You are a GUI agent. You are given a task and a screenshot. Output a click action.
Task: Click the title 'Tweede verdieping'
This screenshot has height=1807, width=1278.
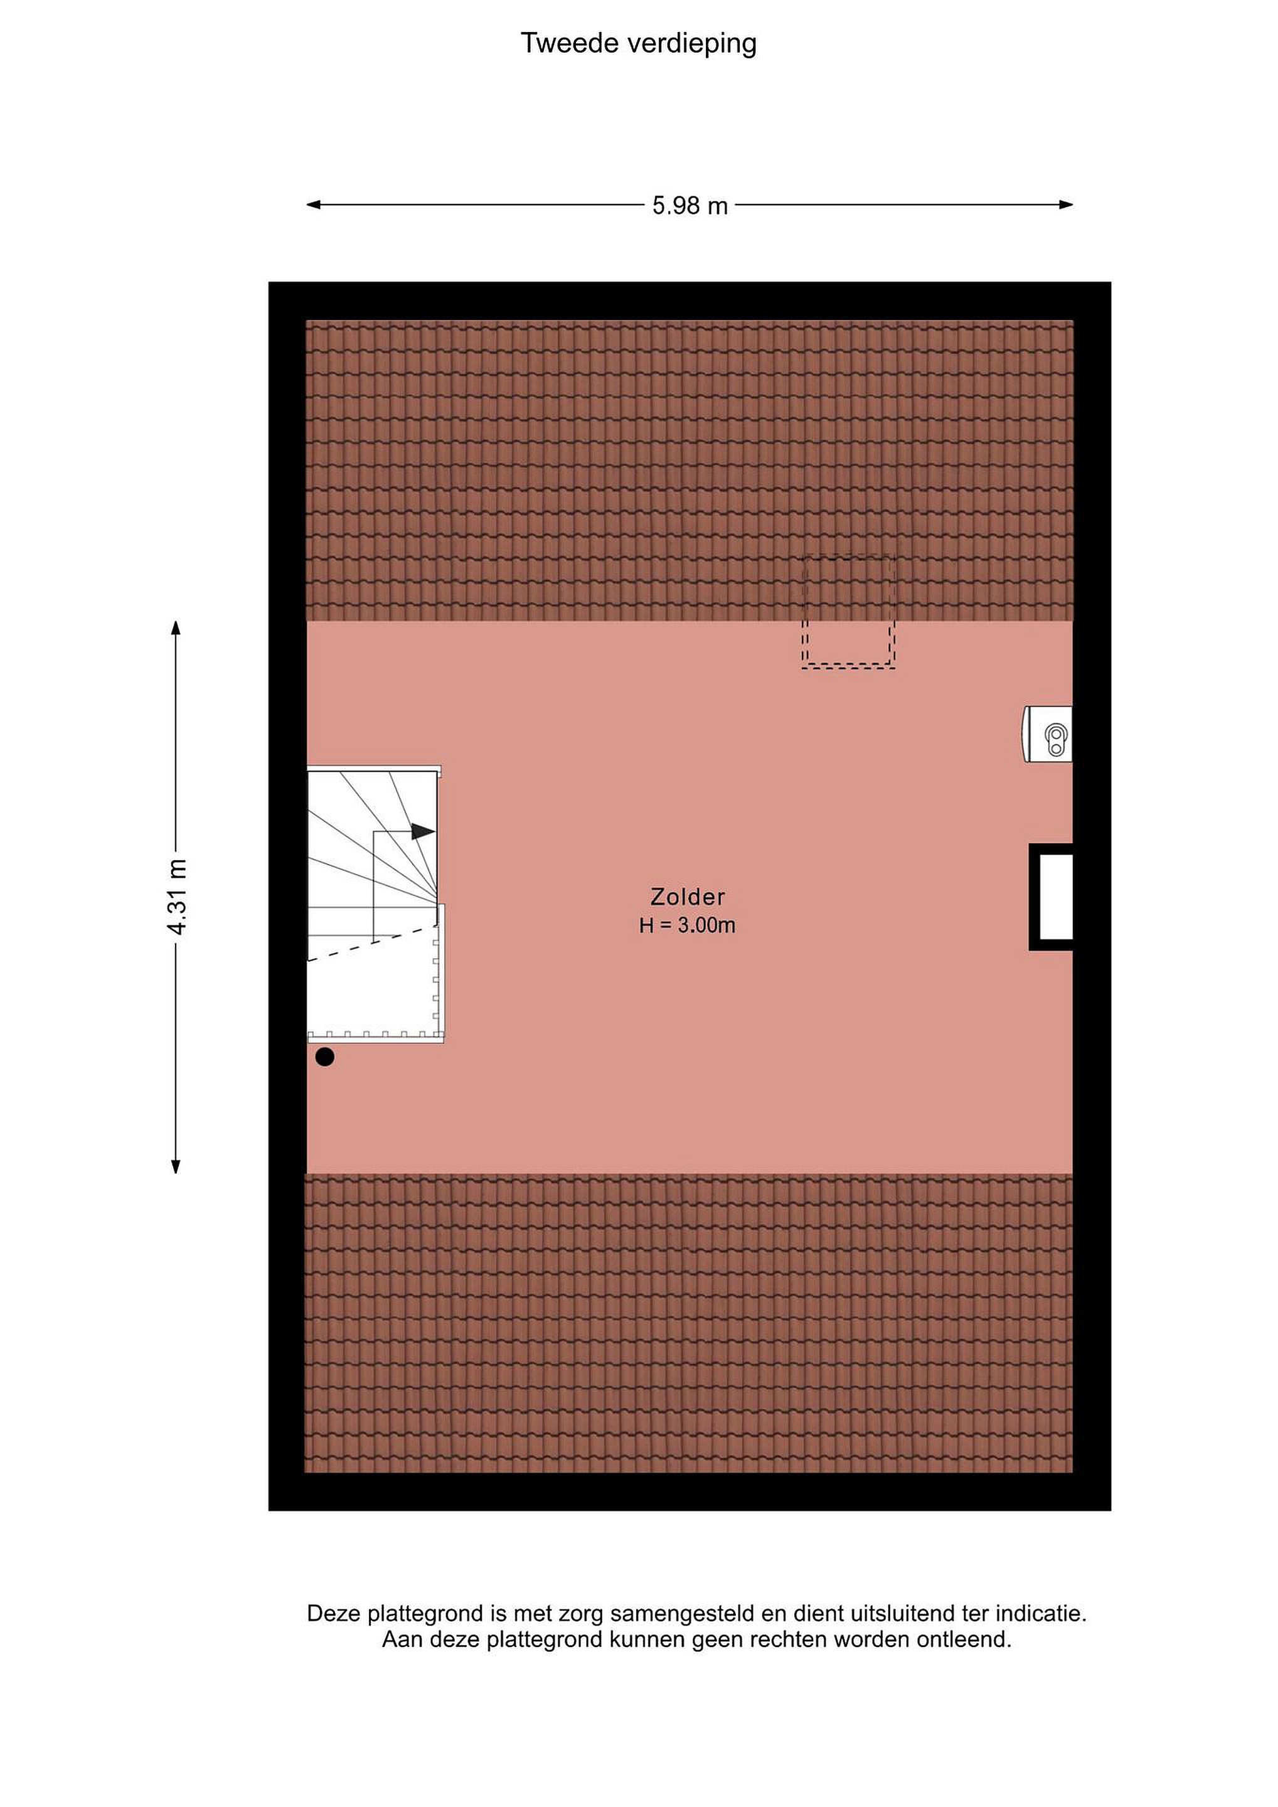point(638,43)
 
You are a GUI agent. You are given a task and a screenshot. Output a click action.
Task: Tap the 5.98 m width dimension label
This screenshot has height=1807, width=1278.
point(690,206)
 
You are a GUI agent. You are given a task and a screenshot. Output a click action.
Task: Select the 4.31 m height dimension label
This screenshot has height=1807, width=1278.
point(177,897)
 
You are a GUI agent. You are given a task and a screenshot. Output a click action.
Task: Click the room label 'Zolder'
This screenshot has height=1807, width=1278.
point(688,897)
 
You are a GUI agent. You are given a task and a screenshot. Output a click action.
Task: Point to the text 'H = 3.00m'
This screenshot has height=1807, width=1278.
point(687,925)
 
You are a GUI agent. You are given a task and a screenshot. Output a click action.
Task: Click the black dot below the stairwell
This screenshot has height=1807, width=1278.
point(325,1057)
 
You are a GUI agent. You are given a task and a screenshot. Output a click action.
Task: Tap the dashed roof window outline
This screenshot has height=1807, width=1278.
point(848,612)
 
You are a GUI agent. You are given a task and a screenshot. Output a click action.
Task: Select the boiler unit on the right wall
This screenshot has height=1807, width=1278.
point(1047,734)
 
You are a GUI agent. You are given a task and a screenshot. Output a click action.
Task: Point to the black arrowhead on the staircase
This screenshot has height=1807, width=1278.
point(423,831)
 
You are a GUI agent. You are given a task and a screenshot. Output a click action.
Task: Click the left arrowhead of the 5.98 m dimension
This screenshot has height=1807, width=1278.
point(314,205)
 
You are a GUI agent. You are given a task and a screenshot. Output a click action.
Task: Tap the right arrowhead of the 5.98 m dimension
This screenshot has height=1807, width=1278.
point(1065,205)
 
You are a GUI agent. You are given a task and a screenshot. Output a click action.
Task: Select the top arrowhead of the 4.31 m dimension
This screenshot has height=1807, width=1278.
point(176,628)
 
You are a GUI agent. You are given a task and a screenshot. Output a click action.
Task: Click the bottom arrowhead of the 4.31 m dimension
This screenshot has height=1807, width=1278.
point(176,1166)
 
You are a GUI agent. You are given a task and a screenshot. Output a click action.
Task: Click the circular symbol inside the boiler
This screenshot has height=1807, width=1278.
point(1055,737)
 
